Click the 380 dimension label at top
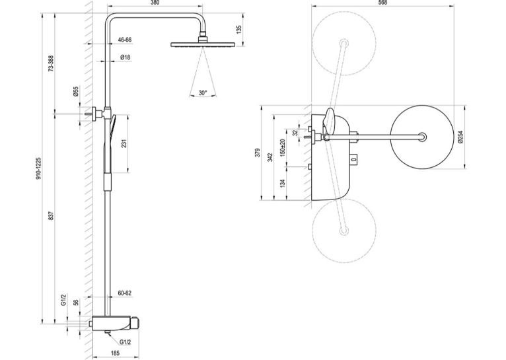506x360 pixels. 155,3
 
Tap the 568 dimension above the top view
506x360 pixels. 382,3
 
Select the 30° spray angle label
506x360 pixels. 203,92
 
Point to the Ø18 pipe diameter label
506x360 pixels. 126,57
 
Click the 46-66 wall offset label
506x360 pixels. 125,40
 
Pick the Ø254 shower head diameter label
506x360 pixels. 460,137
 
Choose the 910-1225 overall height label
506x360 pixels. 38,168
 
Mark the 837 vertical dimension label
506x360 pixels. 52,215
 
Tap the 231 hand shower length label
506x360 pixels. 124,143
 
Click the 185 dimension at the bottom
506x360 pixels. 115,353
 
